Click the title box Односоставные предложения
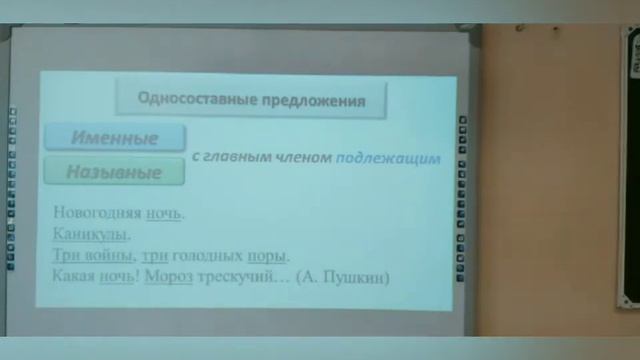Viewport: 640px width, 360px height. coord(250,100)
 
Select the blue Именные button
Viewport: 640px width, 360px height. coord(114,138)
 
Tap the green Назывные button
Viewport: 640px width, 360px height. coord(114,171)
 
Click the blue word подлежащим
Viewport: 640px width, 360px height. coord(388,158)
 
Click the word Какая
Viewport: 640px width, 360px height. coord(73,276)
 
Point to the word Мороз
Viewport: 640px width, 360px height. coord(166,276)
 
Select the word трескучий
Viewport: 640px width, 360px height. coord(235,276)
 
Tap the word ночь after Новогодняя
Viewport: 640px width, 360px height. coord(165,213)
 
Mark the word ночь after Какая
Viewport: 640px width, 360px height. coord(117,276)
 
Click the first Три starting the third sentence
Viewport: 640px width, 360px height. coord(64,255)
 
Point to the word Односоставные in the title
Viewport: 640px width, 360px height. coord(193,100)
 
